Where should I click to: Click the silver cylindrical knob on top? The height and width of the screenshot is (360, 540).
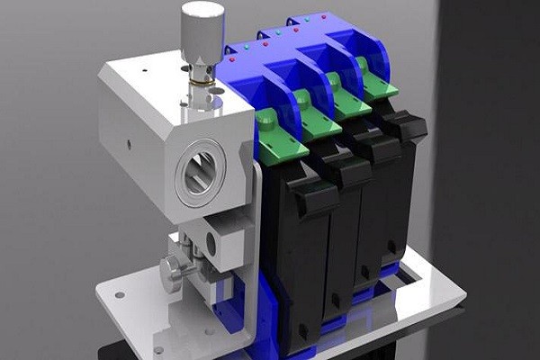point(202,31)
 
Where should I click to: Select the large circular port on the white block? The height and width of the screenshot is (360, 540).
point(201,171)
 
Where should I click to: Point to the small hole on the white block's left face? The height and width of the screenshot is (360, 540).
point(129,143)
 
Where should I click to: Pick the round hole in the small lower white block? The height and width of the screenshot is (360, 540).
point(211,241)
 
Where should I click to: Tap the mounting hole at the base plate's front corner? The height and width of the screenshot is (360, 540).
point(159,349)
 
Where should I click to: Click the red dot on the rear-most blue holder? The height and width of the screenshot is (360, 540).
point(323,16)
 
